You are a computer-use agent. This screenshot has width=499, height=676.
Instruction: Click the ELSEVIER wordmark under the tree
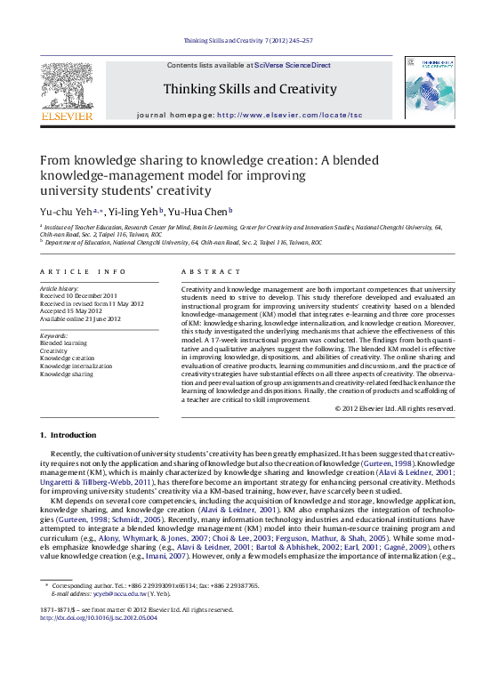[x=67, y=115]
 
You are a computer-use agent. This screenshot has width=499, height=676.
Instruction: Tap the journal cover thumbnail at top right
[x=429, y=87]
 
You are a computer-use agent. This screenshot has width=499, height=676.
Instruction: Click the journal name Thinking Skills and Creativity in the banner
[x=250, y=89]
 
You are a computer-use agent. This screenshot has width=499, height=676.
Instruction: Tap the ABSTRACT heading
[x=211, y=271]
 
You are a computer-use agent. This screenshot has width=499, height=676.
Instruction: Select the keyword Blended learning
[x=64, y=342]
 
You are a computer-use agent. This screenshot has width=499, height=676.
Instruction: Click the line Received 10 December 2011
[x=79, y=295]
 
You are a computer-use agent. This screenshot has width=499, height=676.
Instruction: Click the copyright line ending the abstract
[x=394, y=408]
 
